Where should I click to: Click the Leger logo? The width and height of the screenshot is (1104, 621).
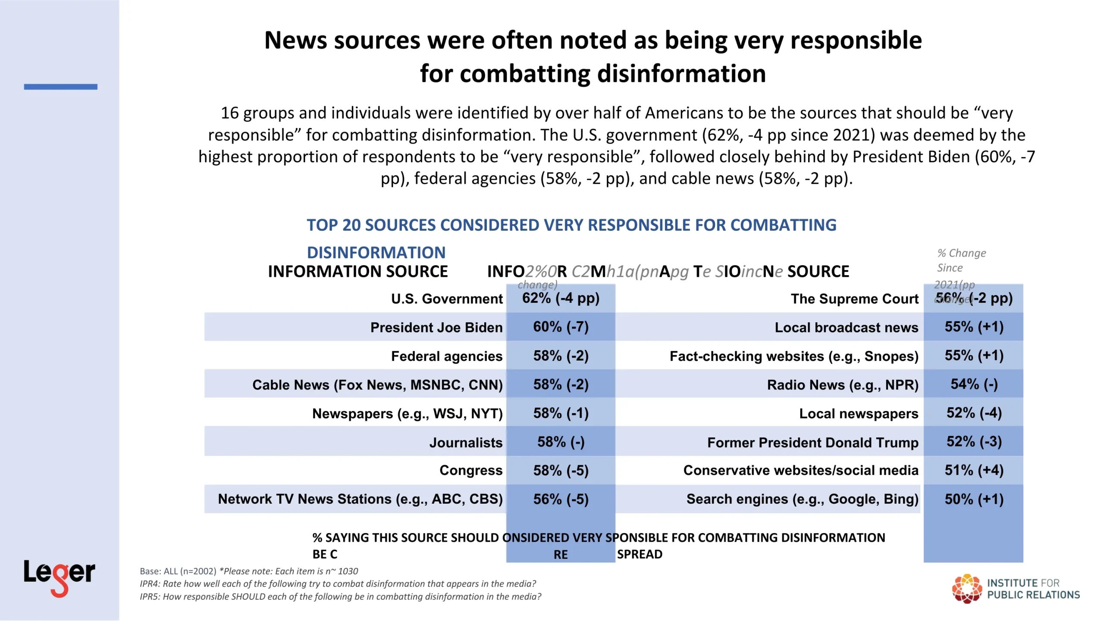point(59,577)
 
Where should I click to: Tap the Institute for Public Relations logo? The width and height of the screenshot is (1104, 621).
point(1016,589)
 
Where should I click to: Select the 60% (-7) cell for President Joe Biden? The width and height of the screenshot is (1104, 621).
point(561,327)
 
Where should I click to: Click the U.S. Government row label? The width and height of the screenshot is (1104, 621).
point(447,298)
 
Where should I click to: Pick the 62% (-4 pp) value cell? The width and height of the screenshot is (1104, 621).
point(561,298)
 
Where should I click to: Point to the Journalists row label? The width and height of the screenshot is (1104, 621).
point(466,442)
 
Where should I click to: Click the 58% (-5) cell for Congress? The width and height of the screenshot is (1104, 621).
point(561,470)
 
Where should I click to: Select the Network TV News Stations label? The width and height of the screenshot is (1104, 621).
point(360,499)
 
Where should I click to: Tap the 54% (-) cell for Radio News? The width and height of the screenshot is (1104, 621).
point(974,384)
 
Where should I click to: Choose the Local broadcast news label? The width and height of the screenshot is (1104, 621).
point(846,327)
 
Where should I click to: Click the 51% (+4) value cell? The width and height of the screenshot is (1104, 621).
point(974,470)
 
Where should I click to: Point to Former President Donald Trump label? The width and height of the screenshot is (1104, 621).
point(812,442)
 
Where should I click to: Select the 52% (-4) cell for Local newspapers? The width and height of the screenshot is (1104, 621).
point(974,413)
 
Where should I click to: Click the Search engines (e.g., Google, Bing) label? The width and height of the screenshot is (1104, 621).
point(802,499)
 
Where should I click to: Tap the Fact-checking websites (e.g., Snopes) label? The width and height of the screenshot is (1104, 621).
point(793,356)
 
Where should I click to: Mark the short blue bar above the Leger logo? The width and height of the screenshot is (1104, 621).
point(60,87)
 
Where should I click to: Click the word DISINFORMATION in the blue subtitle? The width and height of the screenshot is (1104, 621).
point(376,252)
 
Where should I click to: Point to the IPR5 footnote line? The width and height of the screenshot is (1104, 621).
point(340,596)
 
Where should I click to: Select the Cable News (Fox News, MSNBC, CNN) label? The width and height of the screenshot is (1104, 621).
point(377,385)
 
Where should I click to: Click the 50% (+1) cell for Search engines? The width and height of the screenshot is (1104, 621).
point(974,499)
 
